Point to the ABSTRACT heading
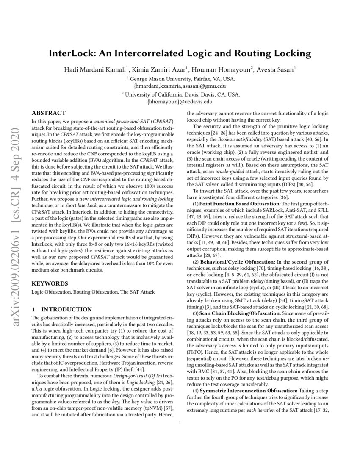pyautogui.click(x=49, y=113)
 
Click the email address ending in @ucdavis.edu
pyautogui.click(x=180, y=102)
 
